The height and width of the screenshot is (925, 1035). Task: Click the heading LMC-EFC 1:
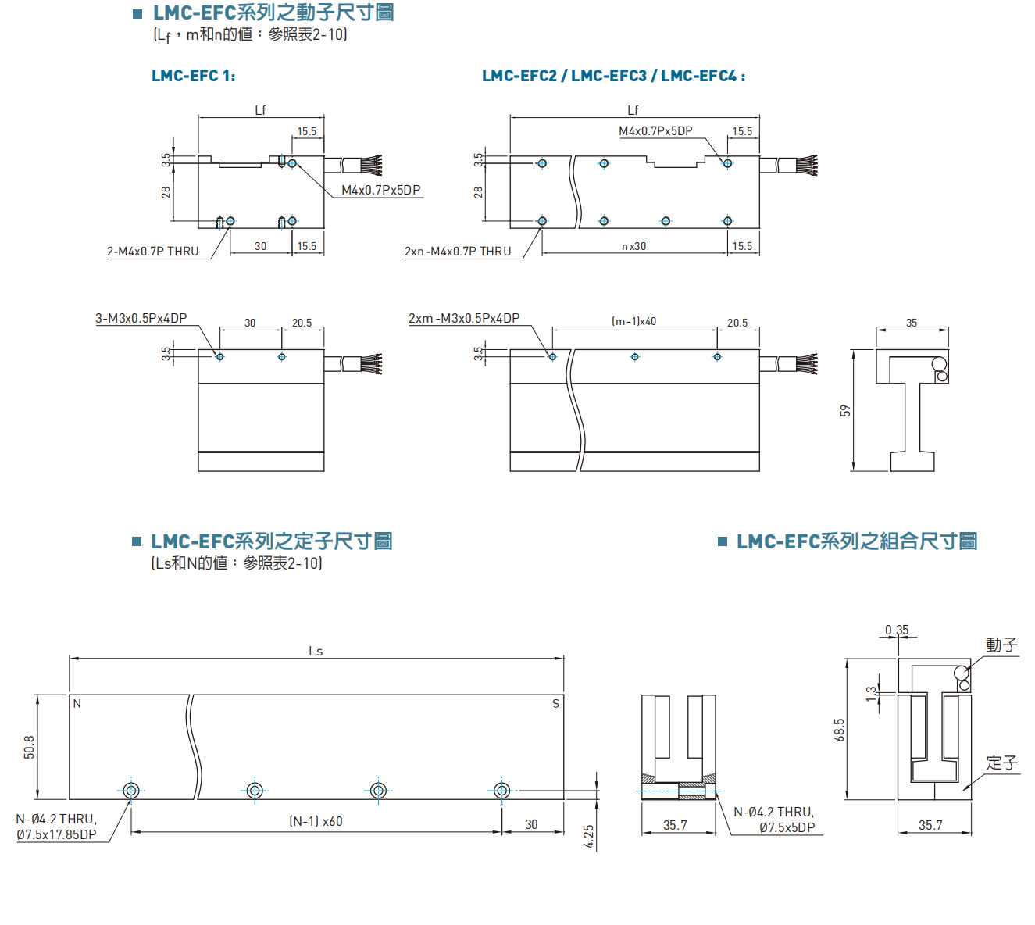(x=193, y=76)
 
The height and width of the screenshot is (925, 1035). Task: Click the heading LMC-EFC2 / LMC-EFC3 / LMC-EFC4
(x=612, y=76)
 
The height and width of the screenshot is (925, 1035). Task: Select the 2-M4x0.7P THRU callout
(x=152, y=252)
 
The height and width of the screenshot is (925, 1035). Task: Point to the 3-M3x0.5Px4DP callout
(x=141, y=319)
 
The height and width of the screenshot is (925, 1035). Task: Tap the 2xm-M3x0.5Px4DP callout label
(x=463, y=319)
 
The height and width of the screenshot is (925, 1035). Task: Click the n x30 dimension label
(x=633, y=246)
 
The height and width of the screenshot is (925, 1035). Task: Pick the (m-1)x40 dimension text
(x=633, y=322)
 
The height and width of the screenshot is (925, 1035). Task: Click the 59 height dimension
(x=845, y=411)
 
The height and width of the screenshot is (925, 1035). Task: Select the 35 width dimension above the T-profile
(x=912, y=323)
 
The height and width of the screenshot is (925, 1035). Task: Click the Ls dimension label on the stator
(x=316, y=651)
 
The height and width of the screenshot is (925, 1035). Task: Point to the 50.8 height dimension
(x=30, y=747)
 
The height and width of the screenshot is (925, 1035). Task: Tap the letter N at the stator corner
(x=77, y=704)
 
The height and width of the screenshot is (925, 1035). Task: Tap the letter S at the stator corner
(x=555, y=704)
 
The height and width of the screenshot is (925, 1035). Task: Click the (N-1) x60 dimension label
(x=316, y=822)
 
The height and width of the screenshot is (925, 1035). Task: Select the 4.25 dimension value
(x=588, y=836)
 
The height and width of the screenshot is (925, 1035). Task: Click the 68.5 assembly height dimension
(x=840, y=730)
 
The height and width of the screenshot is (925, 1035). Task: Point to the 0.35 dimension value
(x=897, y=630)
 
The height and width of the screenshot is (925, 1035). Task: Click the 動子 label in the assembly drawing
(x=1001, y=645)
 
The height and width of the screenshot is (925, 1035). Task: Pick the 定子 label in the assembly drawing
(x=1001, y=762)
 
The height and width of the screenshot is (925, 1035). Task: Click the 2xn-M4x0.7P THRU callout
(x=457, y=252)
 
